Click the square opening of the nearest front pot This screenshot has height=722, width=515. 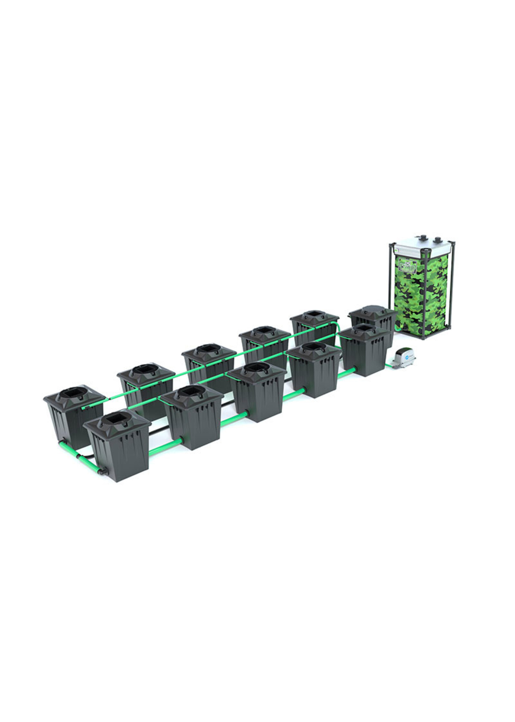115,420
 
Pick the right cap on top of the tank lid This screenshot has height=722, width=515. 438,239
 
